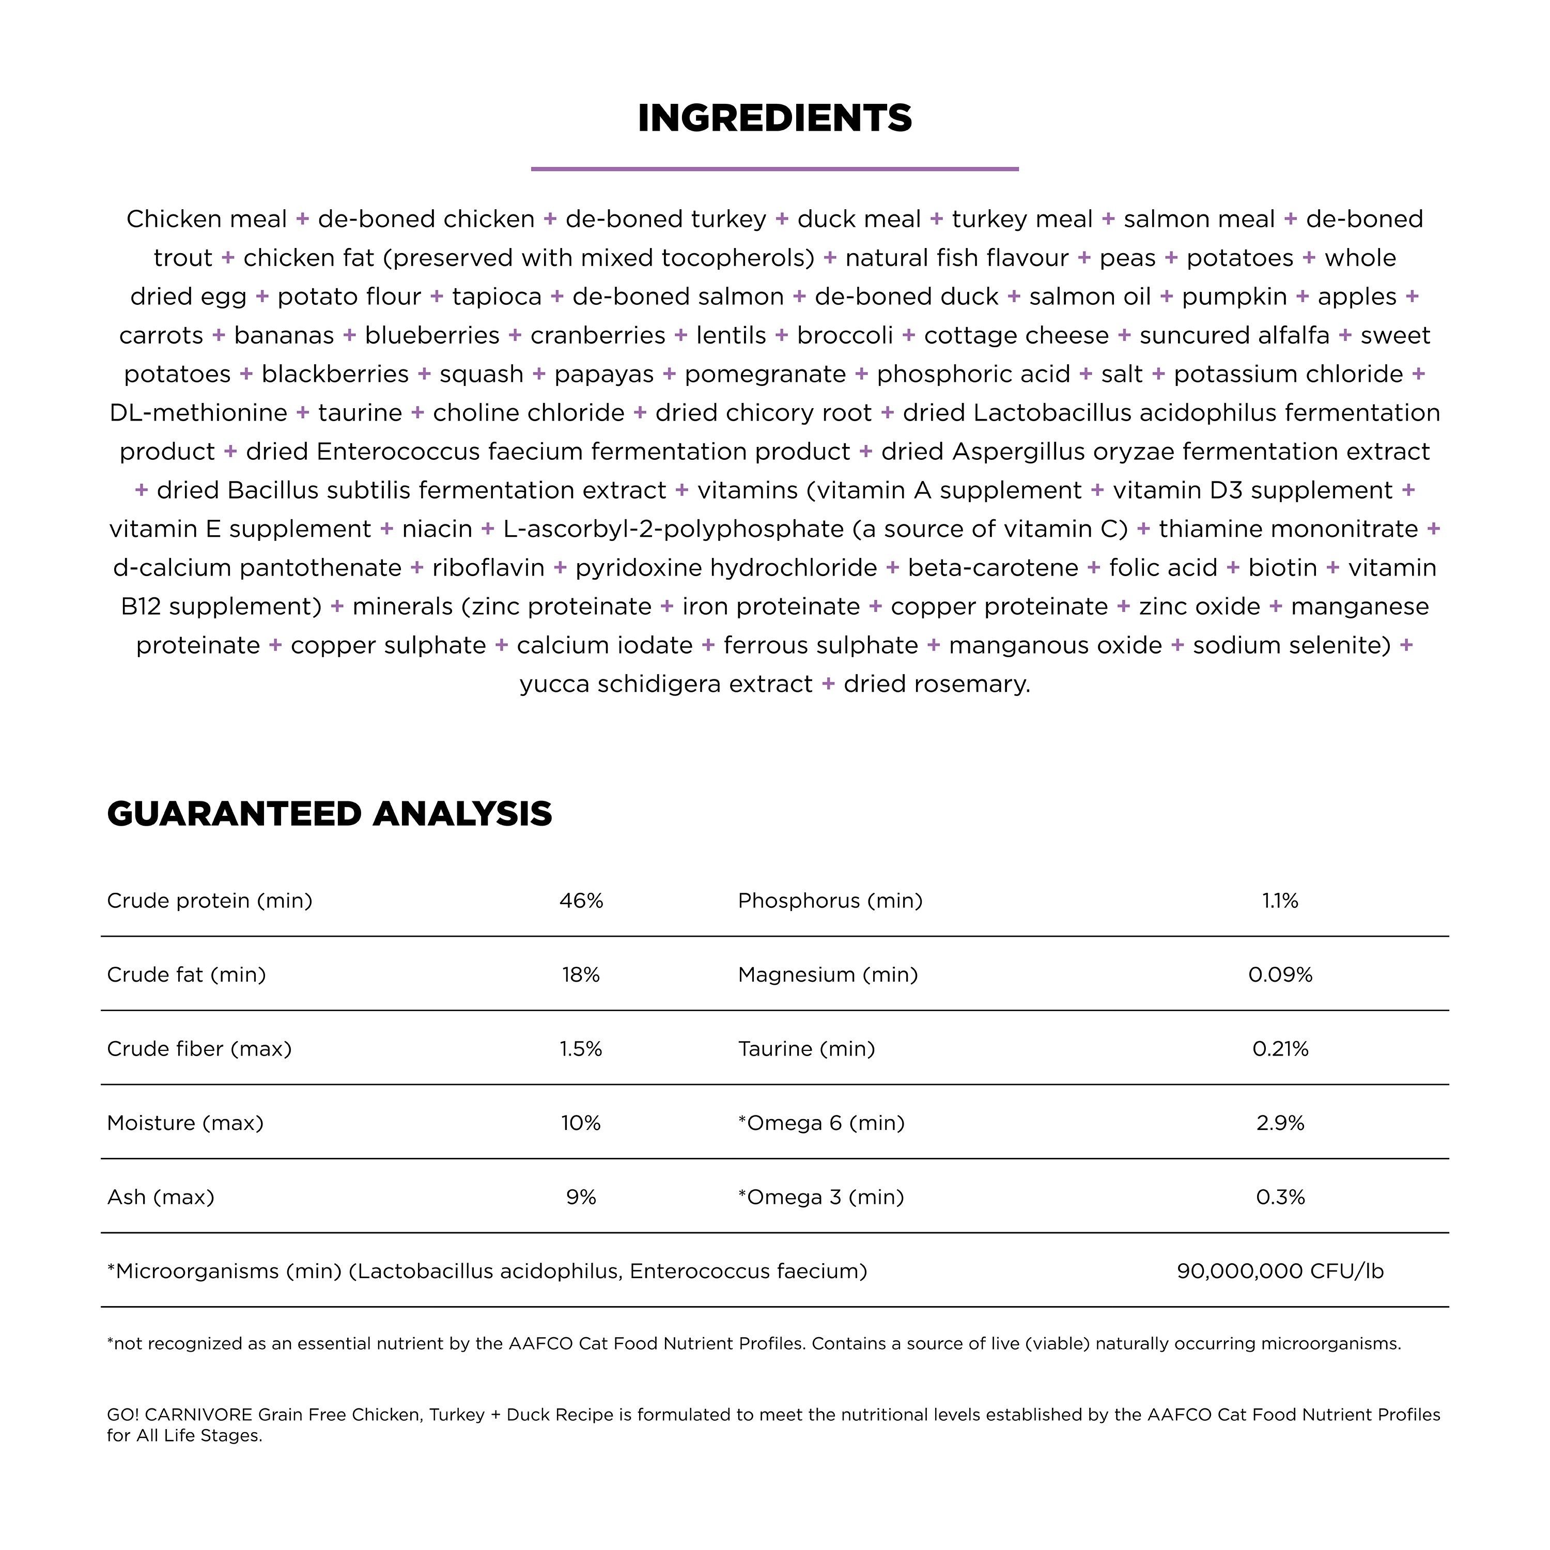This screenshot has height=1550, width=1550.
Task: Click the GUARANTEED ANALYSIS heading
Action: coord(329,814)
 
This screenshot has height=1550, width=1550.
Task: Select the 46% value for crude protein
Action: coord(581,901)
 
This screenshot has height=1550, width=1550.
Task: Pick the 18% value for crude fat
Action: coord(581,975)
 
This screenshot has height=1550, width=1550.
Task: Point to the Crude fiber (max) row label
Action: coord(199,1049)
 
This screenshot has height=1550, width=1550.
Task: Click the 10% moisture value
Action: coord(581,1122)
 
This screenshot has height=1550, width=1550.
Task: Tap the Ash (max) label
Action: coord(161,1197)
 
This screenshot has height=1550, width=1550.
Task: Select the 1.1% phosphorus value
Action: coord(1280,901)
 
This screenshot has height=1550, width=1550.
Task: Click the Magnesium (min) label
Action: coord(828,975)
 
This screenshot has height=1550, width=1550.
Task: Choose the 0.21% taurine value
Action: coord(1280,1049)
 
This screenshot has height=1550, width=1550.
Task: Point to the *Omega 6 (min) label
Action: coord(821,1122)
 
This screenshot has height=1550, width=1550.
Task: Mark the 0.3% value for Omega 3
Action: coord(1280,1197)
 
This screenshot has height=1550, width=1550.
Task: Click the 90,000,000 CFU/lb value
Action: coord(1280,1271)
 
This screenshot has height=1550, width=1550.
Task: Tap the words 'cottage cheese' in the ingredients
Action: coord(1016,335)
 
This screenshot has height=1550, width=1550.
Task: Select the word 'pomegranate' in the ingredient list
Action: coord(765,374)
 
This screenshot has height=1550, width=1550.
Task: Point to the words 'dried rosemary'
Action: coord(936,685)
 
